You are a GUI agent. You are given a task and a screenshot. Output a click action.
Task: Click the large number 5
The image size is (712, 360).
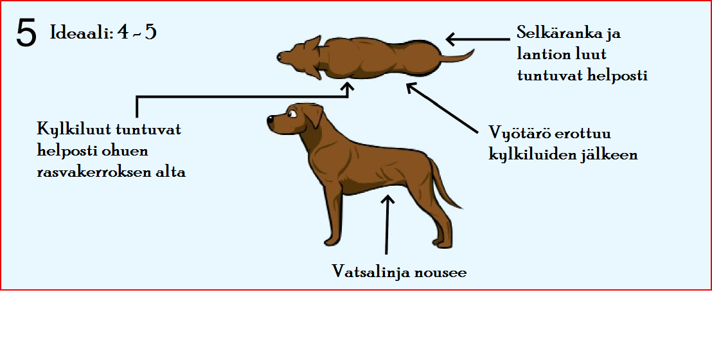click(x=26, y=34)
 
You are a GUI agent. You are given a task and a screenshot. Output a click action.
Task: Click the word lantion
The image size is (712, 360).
click(x=541, y=54)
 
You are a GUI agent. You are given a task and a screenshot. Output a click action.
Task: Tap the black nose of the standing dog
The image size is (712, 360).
click(x=271, y=120)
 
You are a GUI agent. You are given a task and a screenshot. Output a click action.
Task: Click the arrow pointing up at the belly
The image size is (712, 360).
click(x=387, y=225)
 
